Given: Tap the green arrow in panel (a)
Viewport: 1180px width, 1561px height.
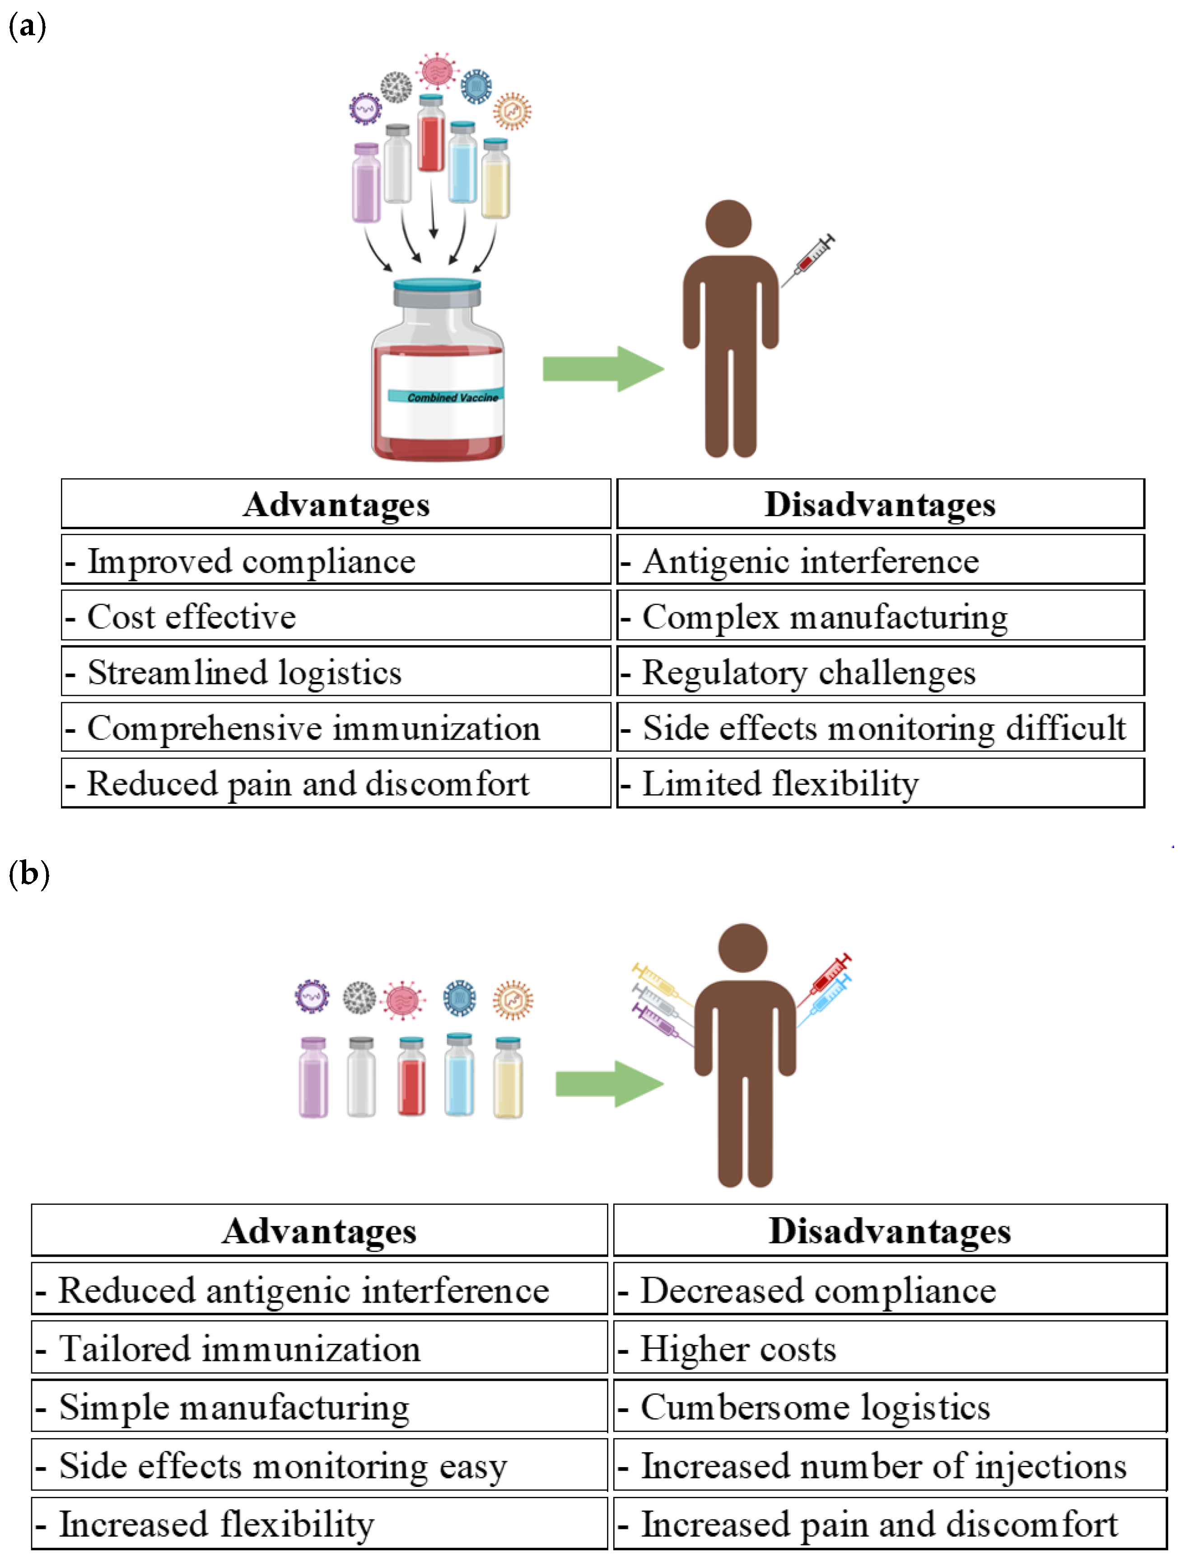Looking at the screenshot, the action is click(603, 368).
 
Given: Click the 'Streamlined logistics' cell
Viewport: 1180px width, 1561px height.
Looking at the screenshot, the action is click(336, 671).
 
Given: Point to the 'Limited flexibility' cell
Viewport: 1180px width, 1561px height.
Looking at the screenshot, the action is click(880, 783).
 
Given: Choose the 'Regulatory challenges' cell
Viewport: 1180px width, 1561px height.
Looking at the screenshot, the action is click(880, 671).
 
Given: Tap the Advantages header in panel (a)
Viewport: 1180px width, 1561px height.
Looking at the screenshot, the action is click(336, 504).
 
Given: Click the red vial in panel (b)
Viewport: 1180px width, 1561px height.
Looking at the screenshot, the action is click(411, 1076).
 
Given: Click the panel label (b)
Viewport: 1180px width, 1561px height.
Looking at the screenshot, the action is click(28, 874).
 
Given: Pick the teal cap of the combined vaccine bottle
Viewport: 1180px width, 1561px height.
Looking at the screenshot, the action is click(437, 285).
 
